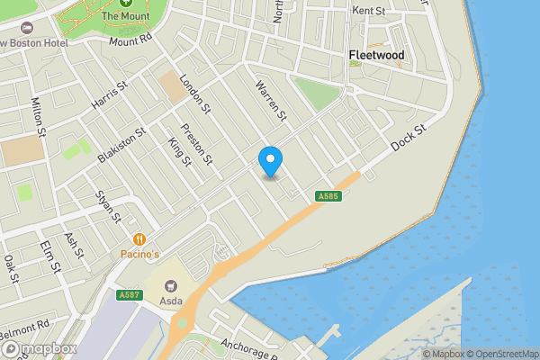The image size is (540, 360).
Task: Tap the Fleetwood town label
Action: (376, 56)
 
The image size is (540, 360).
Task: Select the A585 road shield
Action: (327, 196)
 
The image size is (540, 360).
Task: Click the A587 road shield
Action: (128, 294)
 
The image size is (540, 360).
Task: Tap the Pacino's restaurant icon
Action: (139, 239)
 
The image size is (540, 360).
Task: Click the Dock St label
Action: (407, 137)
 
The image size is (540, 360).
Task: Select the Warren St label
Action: (271, 101)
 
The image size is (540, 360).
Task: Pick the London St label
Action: (194, 94)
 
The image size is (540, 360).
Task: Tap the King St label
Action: (179, 152)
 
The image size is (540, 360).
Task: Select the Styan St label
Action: (108, 206)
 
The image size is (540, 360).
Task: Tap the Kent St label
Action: (369, 11)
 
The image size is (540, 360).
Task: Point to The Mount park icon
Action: (125, 4)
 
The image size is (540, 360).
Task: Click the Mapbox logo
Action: (38, 349)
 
